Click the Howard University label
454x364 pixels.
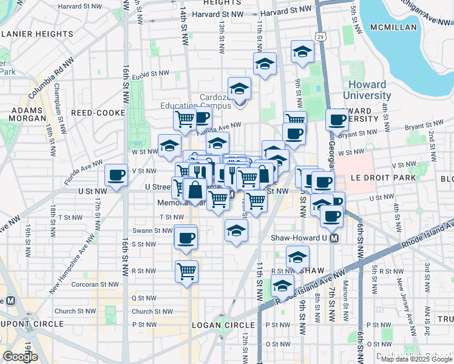pos(367,90)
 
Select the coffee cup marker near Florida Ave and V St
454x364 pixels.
pos(116,175)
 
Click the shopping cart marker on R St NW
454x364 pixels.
pos(186,271)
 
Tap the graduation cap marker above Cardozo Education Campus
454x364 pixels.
pos(239,88)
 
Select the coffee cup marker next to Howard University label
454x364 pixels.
pos(337,120)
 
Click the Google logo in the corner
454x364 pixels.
pos(20,357)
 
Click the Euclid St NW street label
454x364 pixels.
pos(151,73)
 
